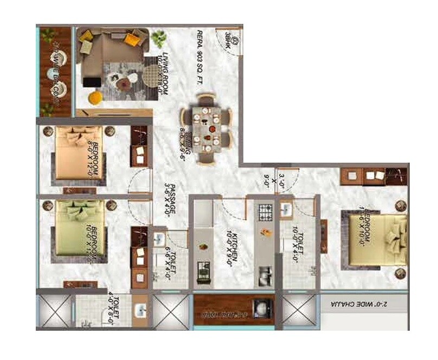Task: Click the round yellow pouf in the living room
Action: coord(95,98)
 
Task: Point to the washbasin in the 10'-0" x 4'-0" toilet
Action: coord(287,209)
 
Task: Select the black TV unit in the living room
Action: coord(91,81)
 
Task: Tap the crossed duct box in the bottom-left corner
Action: coord(54,312)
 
